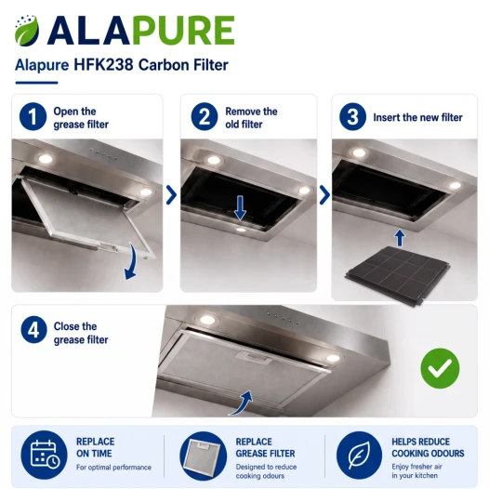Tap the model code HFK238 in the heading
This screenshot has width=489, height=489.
pyautogui.click(x=103, y=65)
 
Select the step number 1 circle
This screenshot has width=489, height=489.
pyautogui.click(x=33, y=116)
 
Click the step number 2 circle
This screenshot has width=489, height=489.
pyautogui.click(x=205, y=116)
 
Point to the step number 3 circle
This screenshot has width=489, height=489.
pyautogui.click(x=352, y=116)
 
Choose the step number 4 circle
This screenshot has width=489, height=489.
pyautogui.click(x=34, y=330)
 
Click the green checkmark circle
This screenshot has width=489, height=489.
pyautogui.click(x=440, y=368)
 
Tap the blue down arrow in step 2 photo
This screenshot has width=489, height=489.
pyautogui.click(x=240, y=208)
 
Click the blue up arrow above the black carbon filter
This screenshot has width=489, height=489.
pyautogui.click(x=400, y=238)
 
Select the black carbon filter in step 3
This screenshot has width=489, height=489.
pyautogui.click(x=398, y=274)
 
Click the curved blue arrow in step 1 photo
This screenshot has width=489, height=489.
pyautogui.click(x=132, y=263)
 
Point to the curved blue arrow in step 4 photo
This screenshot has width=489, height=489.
pyautogui.click(x=242, y=403)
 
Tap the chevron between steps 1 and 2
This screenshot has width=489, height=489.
pyautogui.click(x=172, y=195)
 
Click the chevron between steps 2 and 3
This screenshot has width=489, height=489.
pyautogui.click(x=324, y=195)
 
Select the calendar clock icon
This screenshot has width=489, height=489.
pyautogui.click(x=44, y=455)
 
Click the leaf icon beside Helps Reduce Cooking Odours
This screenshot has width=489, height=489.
pyautogui.click(x=359, y=455)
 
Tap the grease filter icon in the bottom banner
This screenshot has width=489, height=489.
pyautogui.click(x=203, y=456)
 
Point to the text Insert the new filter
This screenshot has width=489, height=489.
pyautogui.click(x=418, y=117)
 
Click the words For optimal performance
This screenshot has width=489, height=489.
pyautogui.click(x=113, y=468)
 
